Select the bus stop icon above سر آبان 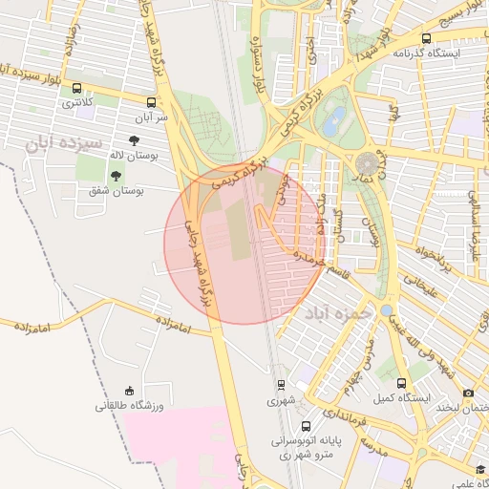(151, 100)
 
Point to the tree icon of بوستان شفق (116, 176)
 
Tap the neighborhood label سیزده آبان (68, 144)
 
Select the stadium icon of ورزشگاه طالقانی (131, 390)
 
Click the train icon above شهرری (281, 384)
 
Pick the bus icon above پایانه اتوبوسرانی (305, 426)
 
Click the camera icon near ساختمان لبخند (468, 393)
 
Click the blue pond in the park (334, 121)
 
